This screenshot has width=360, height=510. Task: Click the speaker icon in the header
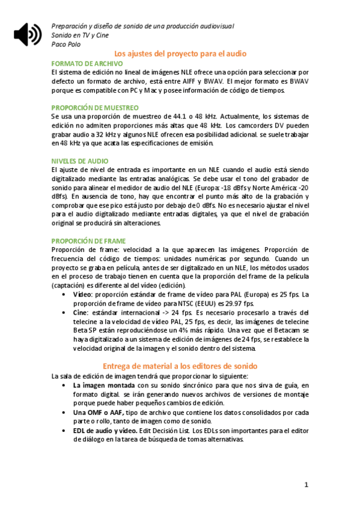(28, 35)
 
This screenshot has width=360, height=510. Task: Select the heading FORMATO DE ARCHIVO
(87, 63)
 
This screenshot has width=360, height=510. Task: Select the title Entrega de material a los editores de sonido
(180, 366)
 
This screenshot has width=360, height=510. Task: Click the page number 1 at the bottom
(306, 484)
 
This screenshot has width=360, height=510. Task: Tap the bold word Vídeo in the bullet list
(82, 295)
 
